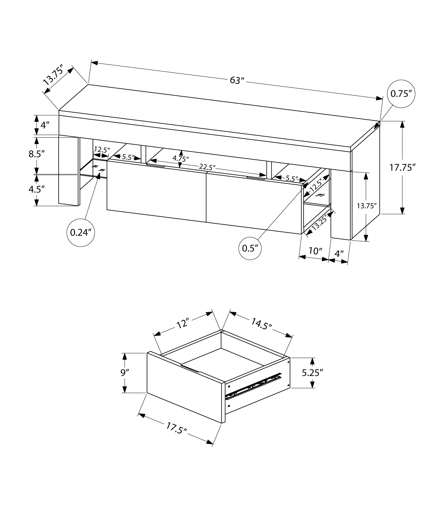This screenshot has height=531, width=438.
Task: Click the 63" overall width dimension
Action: [x=237, y=80]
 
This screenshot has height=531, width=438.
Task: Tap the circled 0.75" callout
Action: [x=401, y=94]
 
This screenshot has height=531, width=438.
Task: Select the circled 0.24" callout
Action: [x=81, y=233]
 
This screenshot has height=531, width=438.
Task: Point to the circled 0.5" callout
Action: [x=250, y=248]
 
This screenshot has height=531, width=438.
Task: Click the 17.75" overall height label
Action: [x=402, y=168]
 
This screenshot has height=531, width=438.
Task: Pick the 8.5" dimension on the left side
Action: [x=36, y=154]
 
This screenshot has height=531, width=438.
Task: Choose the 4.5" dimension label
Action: [x=36, y=189]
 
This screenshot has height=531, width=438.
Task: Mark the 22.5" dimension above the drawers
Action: [x=207, y=167]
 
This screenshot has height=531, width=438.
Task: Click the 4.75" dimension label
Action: [x=181, y=159]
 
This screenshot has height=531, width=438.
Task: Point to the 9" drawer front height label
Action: [x=124, y=373]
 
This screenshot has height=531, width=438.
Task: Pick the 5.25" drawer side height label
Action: [x=313, y=373]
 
